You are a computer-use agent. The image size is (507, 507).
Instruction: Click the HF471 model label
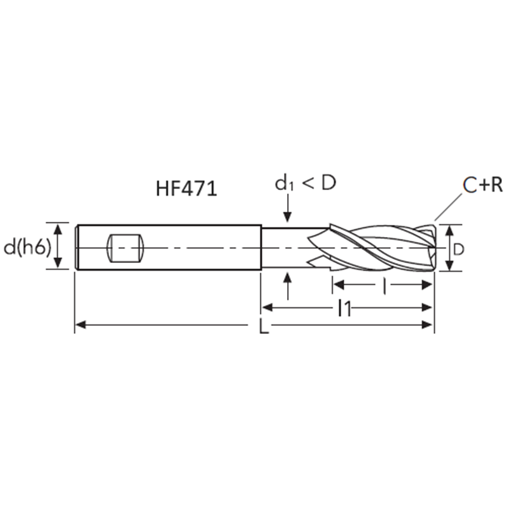pos(186,188)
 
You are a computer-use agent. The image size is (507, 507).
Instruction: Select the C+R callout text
pos(482,185)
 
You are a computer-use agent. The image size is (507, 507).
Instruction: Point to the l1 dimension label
pos(344,309)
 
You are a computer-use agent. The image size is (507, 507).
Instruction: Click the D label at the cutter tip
pos(458,249)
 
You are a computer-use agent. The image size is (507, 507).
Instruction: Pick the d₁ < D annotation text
pos(305,184)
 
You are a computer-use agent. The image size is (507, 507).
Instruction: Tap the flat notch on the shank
pos(125,248)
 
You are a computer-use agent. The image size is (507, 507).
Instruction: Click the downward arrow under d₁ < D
pos(288,209)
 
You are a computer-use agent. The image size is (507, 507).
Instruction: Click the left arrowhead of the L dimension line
pos(79,326)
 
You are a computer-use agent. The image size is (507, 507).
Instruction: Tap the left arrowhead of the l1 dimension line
pos(266,308)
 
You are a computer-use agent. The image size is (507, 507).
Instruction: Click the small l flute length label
pos(385,286)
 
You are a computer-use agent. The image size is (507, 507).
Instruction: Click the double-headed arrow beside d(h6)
pos(58,246)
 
